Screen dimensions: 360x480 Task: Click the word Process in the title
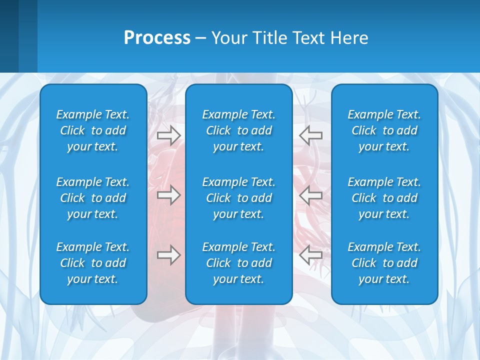point(157,38)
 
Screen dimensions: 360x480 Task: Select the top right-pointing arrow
point(168,135)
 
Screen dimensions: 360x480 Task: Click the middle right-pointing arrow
point(168,195)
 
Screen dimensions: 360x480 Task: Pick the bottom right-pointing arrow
point(168,255)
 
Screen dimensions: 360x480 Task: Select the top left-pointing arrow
point(310,135)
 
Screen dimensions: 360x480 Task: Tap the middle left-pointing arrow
point(310,195)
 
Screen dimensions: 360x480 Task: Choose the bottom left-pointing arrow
point(310,255)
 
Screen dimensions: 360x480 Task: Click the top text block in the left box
point(93,130)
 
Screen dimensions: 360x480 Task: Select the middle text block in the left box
point(93,198)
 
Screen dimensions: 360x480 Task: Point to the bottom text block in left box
point(93,263)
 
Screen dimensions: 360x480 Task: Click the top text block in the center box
point(238,130)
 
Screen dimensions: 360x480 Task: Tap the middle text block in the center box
point(238,198)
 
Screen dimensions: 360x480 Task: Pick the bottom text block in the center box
point(238,263)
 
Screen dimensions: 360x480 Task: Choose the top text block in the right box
point(384,130)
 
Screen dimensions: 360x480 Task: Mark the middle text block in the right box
point(384,198)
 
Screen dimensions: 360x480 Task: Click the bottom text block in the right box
point(384,263)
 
